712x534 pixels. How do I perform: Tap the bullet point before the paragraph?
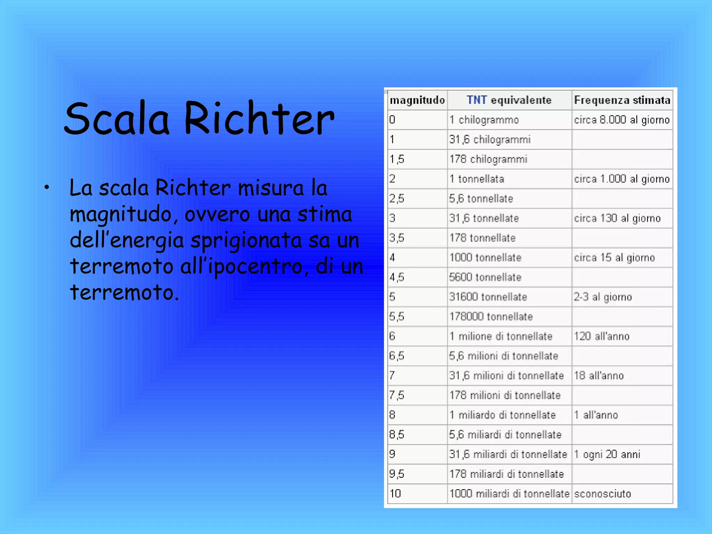(x=47, y=188)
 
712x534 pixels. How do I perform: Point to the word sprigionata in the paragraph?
(x=246, y=241)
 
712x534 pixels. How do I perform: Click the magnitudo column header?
(x=417, y=100)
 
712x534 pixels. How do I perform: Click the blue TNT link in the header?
(x=477, y=100)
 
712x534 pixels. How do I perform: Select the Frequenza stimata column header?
(x=622, y=100)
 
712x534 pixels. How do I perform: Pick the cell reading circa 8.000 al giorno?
(x=622, y=120)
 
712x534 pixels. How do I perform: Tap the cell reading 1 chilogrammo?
(x=484, y=120)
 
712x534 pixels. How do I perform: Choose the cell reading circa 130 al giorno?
(x=617, y=218)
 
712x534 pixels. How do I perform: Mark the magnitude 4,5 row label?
(x=397, y=277)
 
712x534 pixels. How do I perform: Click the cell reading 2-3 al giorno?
(x=602, y=297)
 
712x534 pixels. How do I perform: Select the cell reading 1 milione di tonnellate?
(x=501, y=336)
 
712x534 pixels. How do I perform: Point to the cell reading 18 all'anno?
(x=599, y=376)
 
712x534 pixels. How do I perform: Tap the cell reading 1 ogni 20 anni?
(x=607, y=454)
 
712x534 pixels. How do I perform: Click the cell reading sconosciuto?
(x=602, y=494)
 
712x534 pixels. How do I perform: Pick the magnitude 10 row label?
(x=395, y=494)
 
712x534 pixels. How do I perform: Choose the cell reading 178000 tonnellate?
(x=491, y=317)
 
